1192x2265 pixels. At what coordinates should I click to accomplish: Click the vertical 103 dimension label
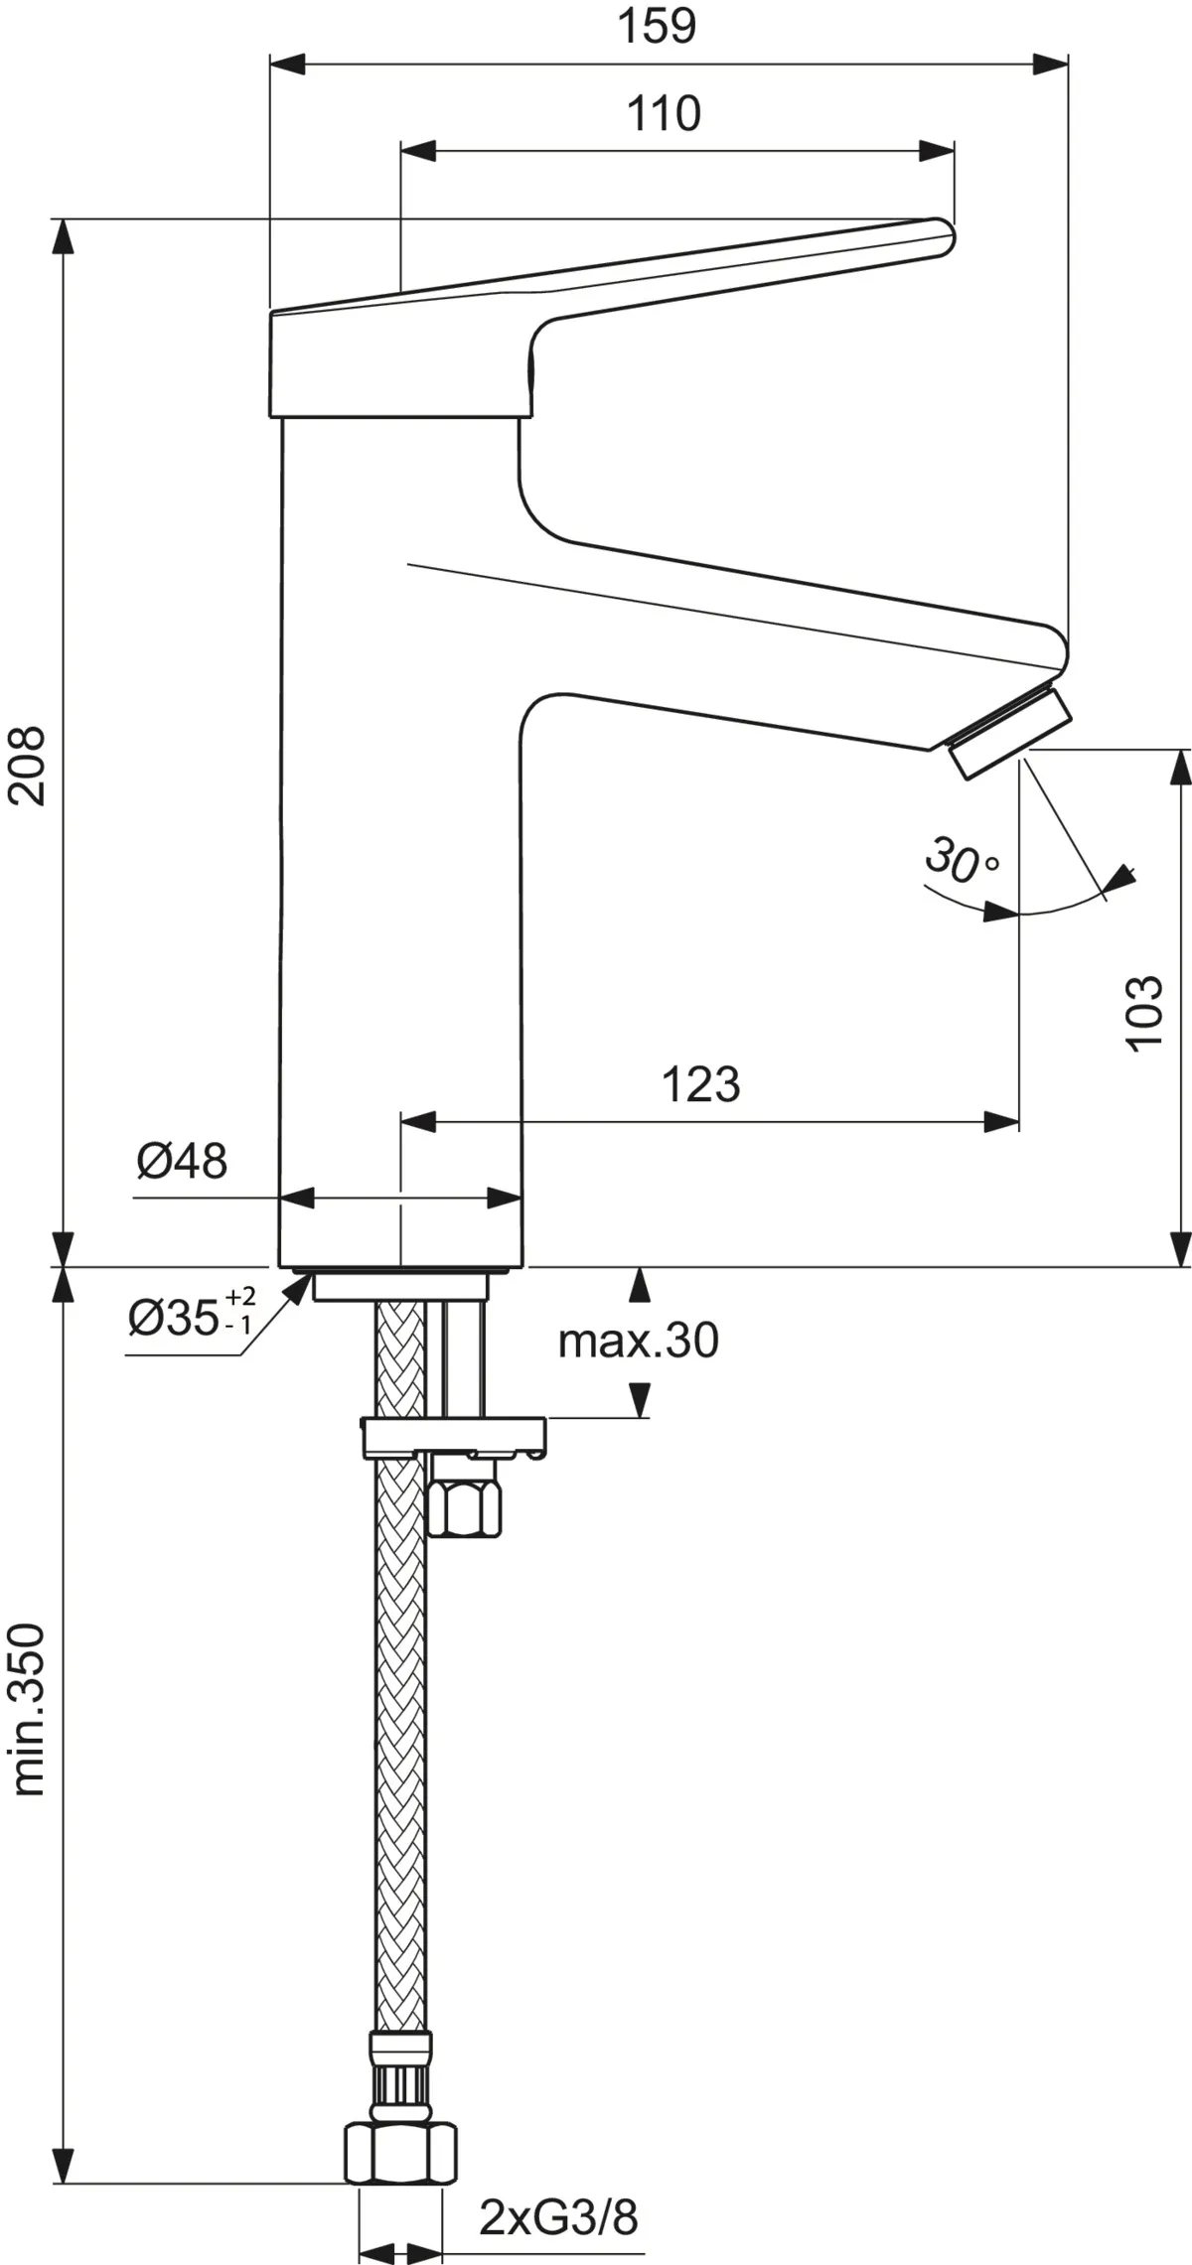(1143, 1011)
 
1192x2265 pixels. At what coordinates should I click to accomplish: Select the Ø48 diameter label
(182, 1160)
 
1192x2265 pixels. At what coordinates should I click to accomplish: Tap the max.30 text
(638, 1341)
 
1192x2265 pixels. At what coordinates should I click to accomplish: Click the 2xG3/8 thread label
(558, 2187)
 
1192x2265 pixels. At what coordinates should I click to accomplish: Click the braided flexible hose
(401, 1787)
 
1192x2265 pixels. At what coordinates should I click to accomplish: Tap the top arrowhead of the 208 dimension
(64, 235)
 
